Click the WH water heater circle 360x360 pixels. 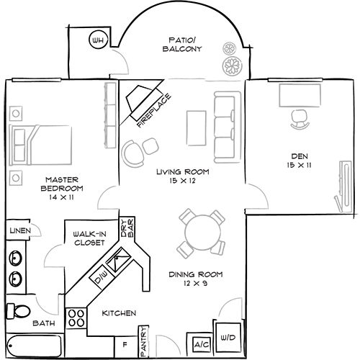[98, 42]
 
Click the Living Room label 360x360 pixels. [183, 177]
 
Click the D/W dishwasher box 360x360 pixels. [102, 275]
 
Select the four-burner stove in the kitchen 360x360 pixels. [75, 318]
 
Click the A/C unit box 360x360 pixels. [199, 345]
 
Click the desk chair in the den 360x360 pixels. [299, 120]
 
